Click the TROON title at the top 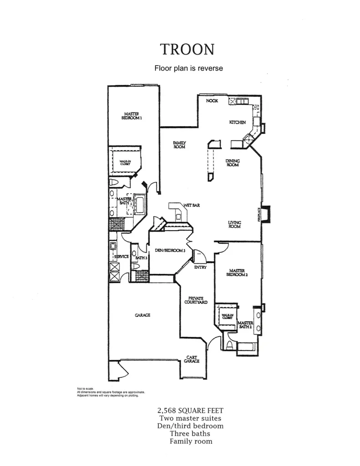click(187, 49)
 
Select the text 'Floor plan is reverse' click(188, 68)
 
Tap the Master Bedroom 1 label click(132, 116)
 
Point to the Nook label click(212, 101)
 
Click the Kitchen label click(238, 122)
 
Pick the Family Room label click(179, 145)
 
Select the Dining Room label click(233, 163)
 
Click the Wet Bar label click(192, 206)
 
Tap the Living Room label click(234, 224)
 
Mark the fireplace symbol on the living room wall click(266, 214)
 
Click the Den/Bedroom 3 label click(170, 251)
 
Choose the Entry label click(200, 267)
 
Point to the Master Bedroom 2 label click(237, 273)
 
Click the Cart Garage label click(192, 359)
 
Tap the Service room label click(122, 257)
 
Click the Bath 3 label click(141, 258)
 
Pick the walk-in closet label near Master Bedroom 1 click(125, 162)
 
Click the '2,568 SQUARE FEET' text click(191, 410)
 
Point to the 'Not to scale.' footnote click(85, 389)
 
